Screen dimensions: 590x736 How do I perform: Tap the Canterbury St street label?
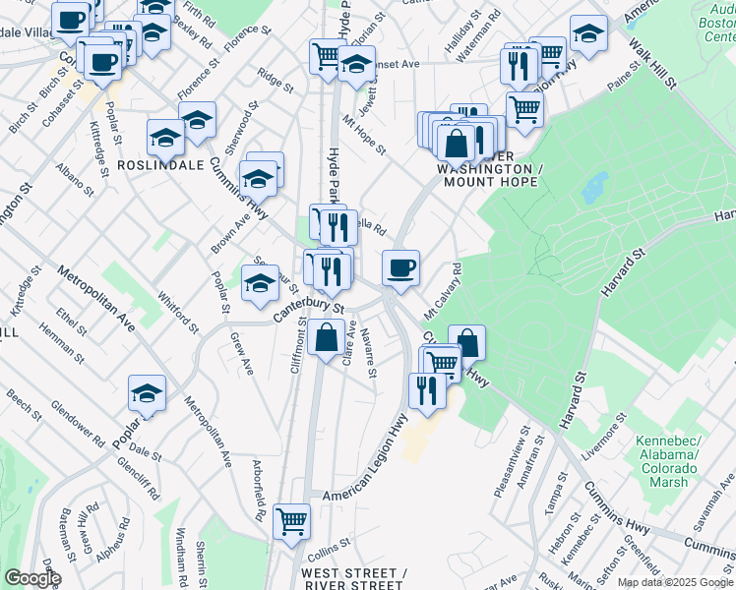(308, 310)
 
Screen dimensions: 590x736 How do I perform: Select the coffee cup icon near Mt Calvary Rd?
(400, 267)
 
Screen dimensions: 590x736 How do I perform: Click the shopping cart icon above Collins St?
(292, 521)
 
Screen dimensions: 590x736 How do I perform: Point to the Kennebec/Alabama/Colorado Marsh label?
(671, 454)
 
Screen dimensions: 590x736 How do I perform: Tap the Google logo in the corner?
(31, 578)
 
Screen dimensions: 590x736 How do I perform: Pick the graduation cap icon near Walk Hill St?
(588, 35)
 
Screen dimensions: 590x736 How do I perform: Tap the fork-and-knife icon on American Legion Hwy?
(427, 390)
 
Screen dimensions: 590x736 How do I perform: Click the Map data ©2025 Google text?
(674, 582)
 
